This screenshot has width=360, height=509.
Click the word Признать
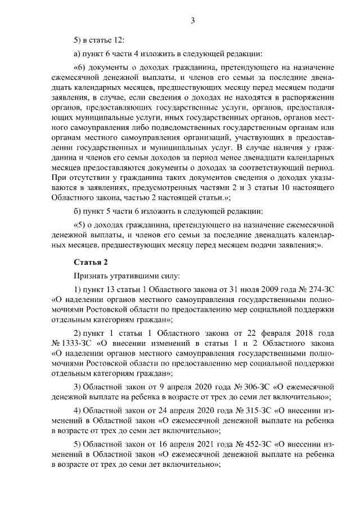point(89,276)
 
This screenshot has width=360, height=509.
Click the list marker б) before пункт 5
point(78,211)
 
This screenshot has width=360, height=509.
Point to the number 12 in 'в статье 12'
point(119,40)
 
